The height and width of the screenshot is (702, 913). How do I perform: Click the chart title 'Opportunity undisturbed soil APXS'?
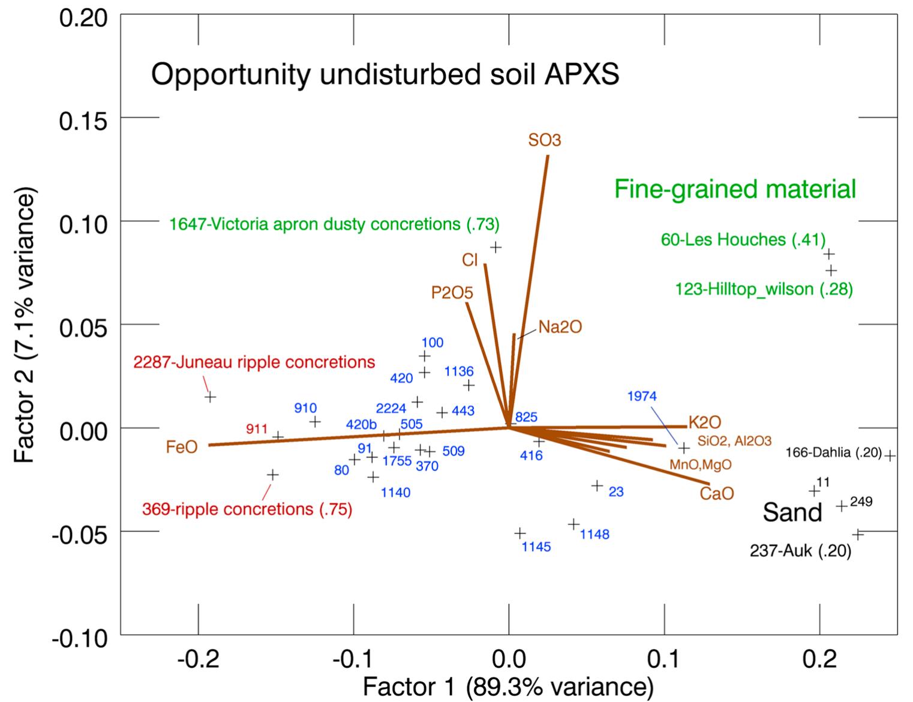click(385, 76)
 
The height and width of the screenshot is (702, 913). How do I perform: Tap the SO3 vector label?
click(545, 140)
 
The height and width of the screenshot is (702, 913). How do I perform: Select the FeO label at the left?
click(182, 447)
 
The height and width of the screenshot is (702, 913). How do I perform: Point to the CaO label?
click(716, 494)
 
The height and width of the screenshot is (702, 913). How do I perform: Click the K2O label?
click(704, 422)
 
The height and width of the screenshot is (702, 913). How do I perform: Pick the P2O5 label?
click(452, 293)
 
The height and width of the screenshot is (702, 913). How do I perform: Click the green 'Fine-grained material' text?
click(735, 190)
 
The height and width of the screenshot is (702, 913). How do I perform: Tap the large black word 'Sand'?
click(792, 512)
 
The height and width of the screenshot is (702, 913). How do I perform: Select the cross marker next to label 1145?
click(520, 533)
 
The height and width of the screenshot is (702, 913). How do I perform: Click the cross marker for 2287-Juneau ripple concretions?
click(210, 397)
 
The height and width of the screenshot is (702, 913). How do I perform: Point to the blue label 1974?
click(642, 396)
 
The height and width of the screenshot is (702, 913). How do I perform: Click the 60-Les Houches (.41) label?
click(743, 240)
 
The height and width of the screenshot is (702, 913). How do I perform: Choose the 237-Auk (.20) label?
click(800, 551)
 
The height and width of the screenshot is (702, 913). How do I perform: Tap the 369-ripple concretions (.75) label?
click(247, 510)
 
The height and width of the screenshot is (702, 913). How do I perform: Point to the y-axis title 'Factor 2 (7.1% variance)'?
click(25, 324)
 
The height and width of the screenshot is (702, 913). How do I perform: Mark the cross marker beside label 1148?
click(574, 524)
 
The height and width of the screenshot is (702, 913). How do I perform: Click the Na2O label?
click(560, 327)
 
